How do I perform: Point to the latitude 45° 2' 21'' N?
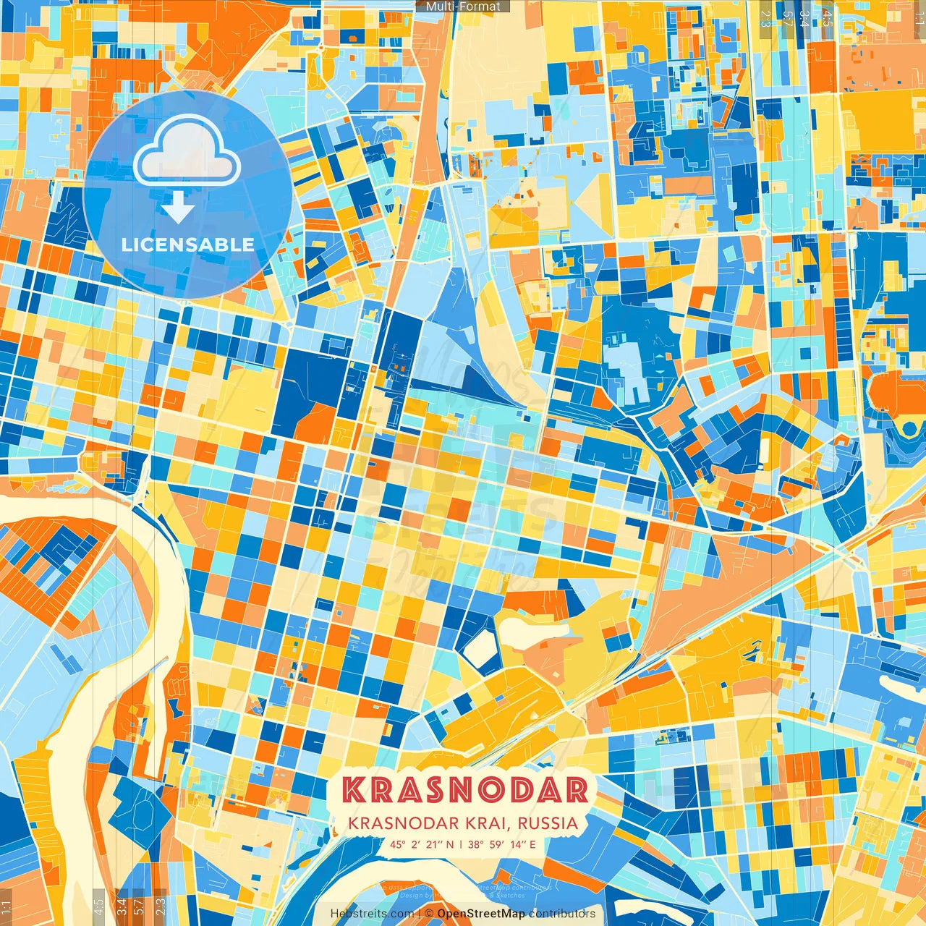click(x=421, y=844)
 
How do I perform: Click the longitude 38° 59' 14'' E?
click(x=501, y=844)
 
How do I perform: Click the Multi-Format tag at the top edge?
click(x=463, y=7)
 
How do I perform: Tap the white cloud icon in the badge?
click(x=187, y=153)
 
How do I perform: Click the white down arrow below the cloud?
click(x=178, y=209)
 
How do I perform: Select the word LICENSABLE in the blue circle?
click(x=187, y=245)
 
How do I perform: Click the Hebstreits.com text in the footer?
click(x=372, y=914)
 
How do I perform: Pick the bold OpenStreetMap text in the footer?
click(x=481, y=914)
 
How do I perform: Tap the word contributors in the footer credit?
click(x=562, y=914)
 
